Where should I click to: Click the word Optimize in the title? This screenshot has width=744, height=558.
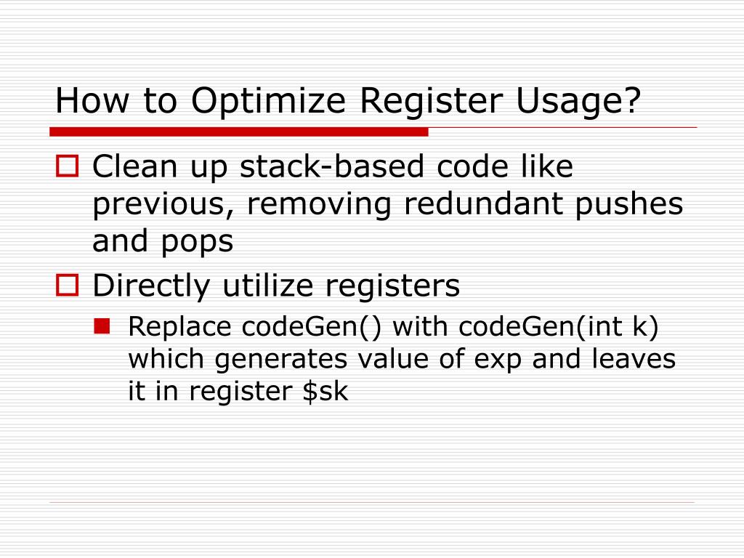point(269,101)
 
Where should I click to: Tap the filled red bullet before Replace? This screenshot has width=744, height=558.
point(102,328)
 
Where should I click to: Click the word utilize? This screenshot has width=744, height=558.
point(272,286)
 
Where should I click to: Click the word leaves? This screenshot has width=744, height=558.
point(634,359)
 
